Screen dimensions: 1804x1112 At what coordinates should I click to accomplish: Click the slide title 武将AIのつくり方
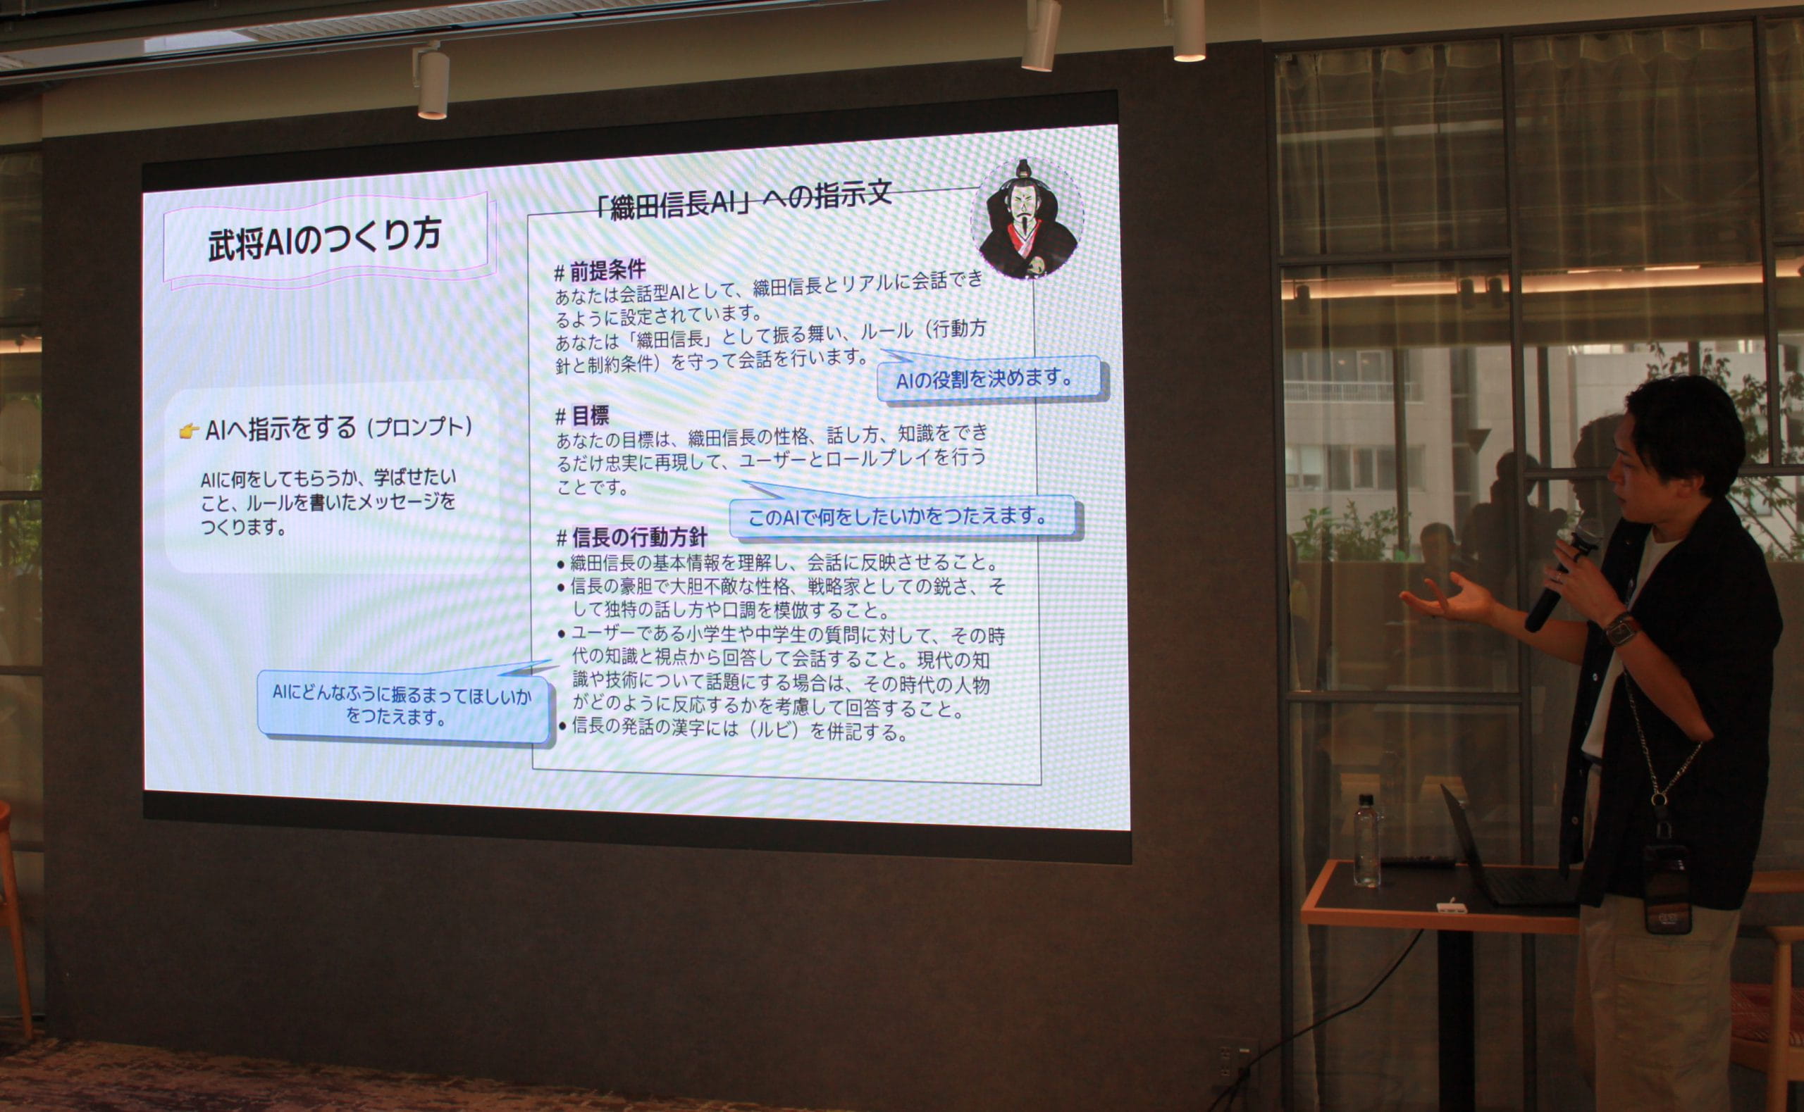[x=324, y=239]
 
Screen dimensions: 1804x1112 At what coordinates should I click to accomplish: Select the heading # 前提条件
[x=600, y=271]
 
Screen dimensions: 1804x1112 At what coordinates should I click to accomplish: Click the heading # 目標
[x=582, y=417]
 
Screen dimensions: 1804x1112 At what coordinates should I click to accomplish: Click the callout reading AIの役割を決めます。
[x=990, y=378]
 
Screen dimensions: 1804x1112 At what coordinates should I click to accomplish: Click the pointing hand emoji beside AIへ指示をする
[x=189, y=430]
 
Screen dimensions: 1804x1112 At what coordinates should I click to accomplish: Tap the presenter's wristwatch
[x=1621, y=630]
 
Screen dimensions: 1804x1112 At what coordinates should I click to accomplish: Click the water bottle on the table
[x=1366, y=840]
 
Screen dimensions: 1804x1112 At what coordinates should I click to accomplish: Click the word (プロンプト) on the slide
[x=420, y=427]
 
